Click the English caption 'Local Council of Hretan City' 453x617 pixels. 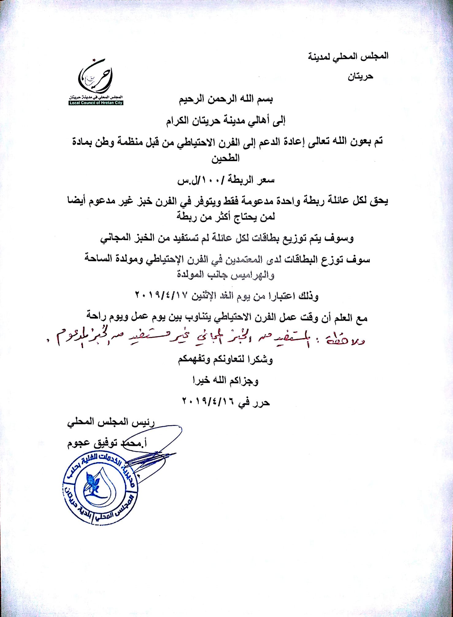coord(96,103)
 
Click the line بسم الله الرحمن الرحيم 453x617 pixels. coord(226,100)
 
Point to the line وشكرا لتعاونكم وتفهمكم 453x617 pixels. coord(225,359)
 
